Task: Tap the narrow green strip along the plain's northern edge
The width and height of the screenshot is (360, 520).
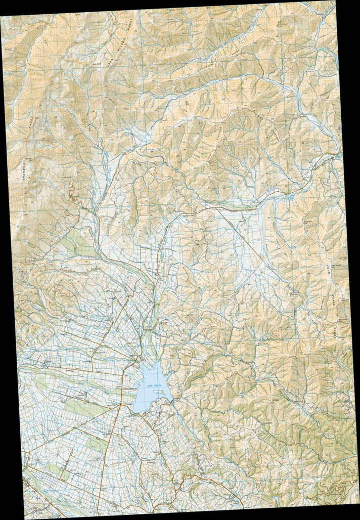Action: pos(233,206)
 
